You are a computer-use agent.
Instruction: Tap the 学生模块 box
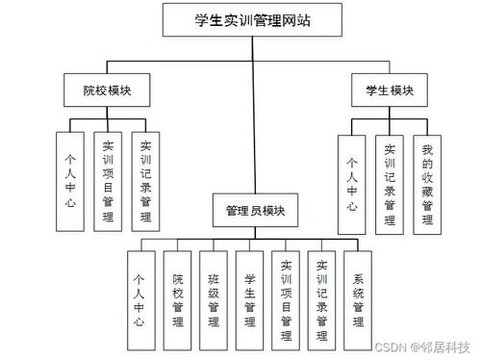tap(388, 90)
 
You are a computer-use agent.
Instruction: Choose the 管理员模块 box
tap(255, 209)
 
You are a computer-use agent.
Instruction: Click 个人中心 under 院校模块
tap(70, 180)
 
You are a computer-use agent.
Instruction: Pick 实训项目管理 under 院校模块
tap(108, 180)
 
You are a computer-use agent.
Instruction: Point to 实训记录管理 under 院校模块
tap(145, 180)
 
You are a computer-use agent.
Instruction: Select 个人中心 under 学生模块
tap(352, 184)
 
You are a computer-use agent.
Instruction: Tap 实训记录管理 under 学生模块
tap(390, 184)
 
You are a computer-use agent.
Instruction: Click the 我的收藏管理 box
tap(427, 184)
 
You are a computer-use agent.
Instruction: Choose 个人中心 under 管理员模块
tap(140, 299)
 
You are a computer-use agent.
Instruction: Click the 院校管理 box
tap(178, 299)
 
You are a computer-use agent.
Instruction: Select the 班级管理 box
tap(214, 299)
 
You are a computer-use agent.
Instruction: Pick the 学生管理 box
tap(250, 299)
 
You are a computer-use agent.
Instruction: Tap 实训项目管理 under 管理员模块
tap(286, 299)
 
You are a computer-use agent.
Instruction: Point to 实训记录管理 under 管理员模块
tap(322, 299)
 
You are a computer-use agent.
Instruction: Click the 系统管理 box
tap(359, 299)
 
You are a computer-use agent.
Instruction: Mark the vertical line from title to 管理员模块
tap(255, 116)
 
